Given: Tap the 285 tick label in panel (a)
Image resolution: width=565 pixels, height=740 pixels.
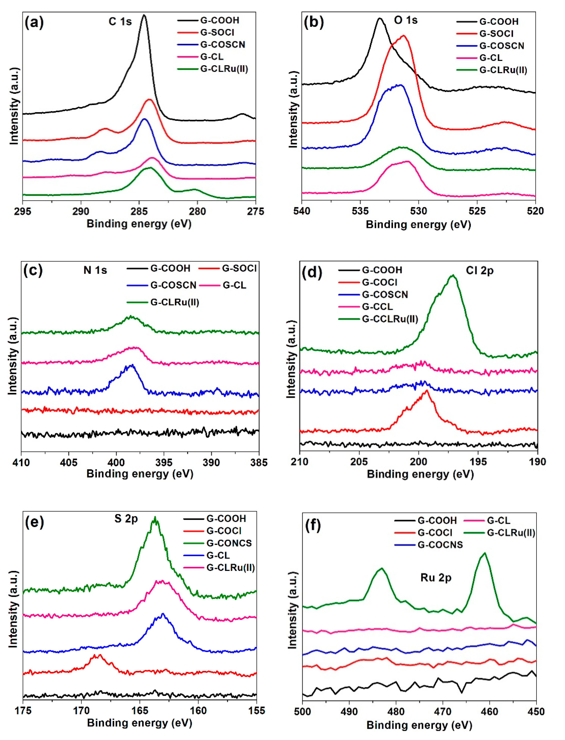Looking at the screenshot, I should click(139, 211).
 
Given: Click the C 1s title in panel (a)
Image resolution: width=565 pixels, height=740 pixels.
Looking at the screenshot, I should click(120, 21).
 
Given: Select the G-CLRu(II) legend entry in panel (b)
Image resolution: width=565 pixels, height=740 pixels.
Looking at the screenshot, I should click(503, 70).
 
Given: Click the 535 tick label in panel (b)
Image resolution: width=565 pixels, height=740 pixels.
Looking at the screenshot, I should click(360, 211).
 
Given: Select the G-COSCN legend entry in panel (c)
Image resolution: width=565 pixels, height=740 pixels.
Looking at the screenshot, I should click(173, 285).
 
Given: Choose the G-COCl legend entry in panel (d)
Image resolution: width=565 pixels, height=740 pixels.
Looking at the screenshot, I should click(379, 282).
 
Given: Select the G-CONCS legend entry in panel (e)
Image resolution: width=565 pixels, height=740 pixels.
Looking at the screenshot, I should click(229, 543).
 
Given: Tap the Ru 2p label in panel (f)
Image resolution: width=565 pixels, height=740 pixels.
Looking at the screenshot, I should click(436, 578).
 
